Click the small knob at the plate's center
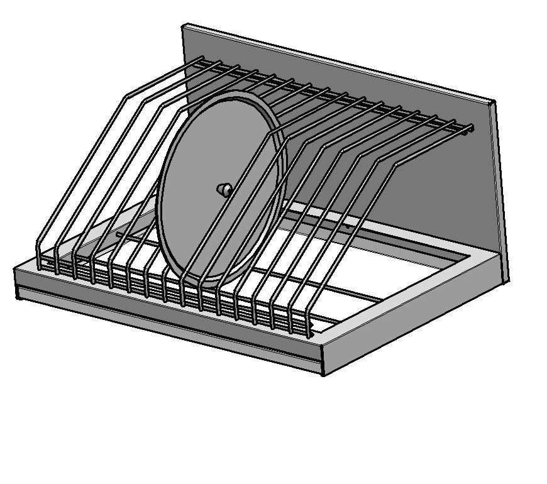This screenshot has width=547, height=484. coord(223,189)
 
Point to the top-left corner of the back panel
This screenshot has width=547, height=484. coord(184,26)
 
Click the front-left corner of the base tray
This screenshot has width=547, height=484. coord(16,269)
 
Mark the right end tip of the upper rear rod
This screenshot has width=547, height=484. coord(471,129)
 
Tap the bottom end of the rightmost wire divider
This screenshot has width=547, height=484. coord(310,336)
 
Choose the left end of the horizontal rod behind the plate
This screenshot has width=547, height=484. coord(117,234)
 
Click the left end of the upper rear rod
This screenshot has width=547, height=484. coord(200,60)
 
